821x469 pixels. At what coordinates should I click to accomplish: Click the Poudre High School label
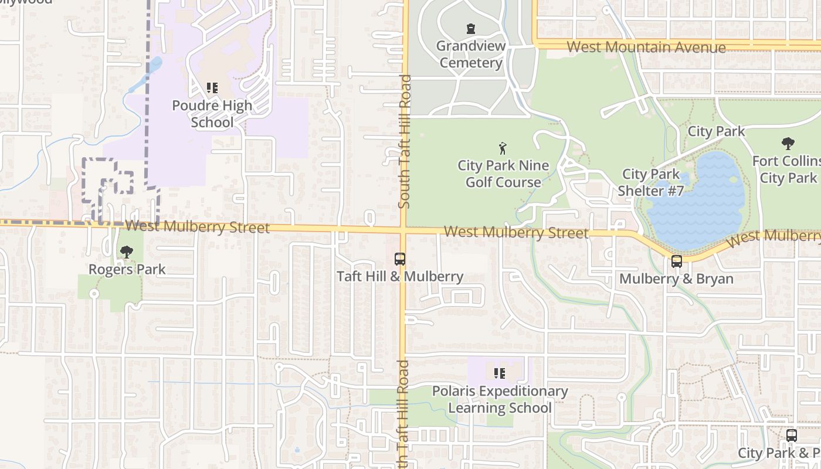pos(212,114)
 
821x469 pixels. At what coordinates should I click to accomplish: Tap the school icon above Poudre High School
pos(212,89)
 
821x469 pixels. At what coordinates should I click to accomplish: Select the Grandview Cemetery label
pos(470,54)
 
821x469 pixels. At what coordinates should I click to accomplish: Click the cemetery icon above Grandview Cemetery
pos(470,29)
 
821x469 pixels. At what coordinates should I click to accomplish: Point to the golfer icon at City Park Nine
pos(503,148)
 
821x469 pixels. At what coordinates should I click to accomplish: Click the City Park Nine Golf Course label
pos(503,174)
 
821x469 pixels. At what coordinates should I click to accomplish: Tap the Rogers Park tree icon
pos(126,252)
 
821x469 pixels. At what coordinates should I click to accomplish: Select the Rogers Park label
pos(127,270)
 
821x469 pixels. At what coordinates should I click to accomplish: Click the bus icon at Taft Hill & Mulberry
pos(400,259)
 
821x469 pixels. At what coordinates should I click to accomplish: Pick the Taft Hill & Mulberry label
pos(400,276)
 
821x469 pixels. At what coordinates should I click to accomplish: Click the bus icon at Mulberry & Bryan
pos(676,261)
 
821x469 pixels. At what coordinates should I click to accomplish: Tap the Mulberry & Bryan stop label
pos(676,278)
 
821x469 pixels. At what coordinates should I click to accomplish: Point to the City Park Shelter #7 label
pos(651,182)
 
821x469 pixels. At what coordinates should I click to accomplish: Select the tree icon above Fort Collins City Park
pos(788,143)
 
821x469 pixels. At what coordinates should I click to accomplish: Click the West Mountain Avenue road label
pos(646,47)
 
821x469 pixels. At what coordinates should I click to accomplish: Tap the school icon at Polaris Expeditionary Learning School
pos(500,373)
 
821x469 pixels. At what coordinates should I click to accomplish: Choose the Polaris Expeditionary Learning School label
pos(500,399)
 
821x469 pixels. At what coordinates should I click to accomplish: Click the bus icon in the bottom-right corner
pos(792,436)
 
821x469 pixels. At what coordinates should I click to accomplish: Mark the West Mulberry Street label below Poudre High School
pos(197,226)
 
